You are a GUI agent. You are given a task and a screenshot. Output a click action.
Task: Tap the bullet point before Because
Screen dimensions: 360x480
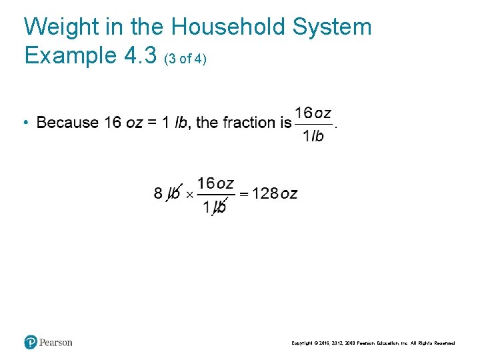pos(24,123)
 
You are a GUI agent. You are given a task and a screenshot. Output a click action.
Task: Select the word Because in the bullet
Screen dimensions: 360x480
pos(67,123)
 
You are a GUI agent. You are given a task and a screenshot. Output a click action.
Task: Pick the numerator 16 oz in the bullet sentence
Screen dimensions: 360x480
pos(313,113)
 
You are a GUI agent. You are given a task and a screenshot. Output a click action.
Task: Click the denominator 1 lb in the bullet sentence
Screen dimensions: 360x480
pos(313,136)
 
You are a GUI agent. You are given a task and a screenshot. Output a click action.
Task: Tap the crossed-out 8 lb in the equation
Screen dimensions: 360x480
pos(167,194)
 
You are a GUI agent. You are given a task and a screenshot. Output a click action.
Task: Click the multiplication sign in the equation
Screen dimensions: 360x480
pos(189,195)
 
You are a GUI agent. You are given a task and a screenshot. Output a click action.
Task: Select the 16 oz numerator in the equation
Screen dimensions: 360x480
pos(215,183)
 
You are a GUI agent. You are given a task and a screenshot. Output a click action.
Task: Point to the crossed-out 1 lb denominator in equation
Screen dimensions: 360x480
pos(215,207)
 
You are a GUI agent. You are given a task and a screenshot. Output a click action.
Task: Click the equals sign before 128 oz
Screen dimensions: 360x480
pos(244,194)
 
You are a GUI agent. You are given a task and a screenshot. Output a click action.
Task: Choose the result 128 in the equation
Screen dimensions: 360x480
pos(265,194)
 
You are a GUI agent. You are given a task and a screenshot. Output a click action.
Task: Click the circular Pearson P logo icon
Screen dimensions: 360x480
pos(31,342)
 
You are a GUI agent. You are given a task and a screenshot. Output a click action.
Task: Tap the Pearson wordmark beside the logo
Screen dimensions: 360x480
pos(56,343)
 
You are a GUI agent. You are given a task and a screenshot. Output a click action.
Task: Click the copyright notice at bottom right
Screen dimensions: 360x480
pos(373,343)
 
